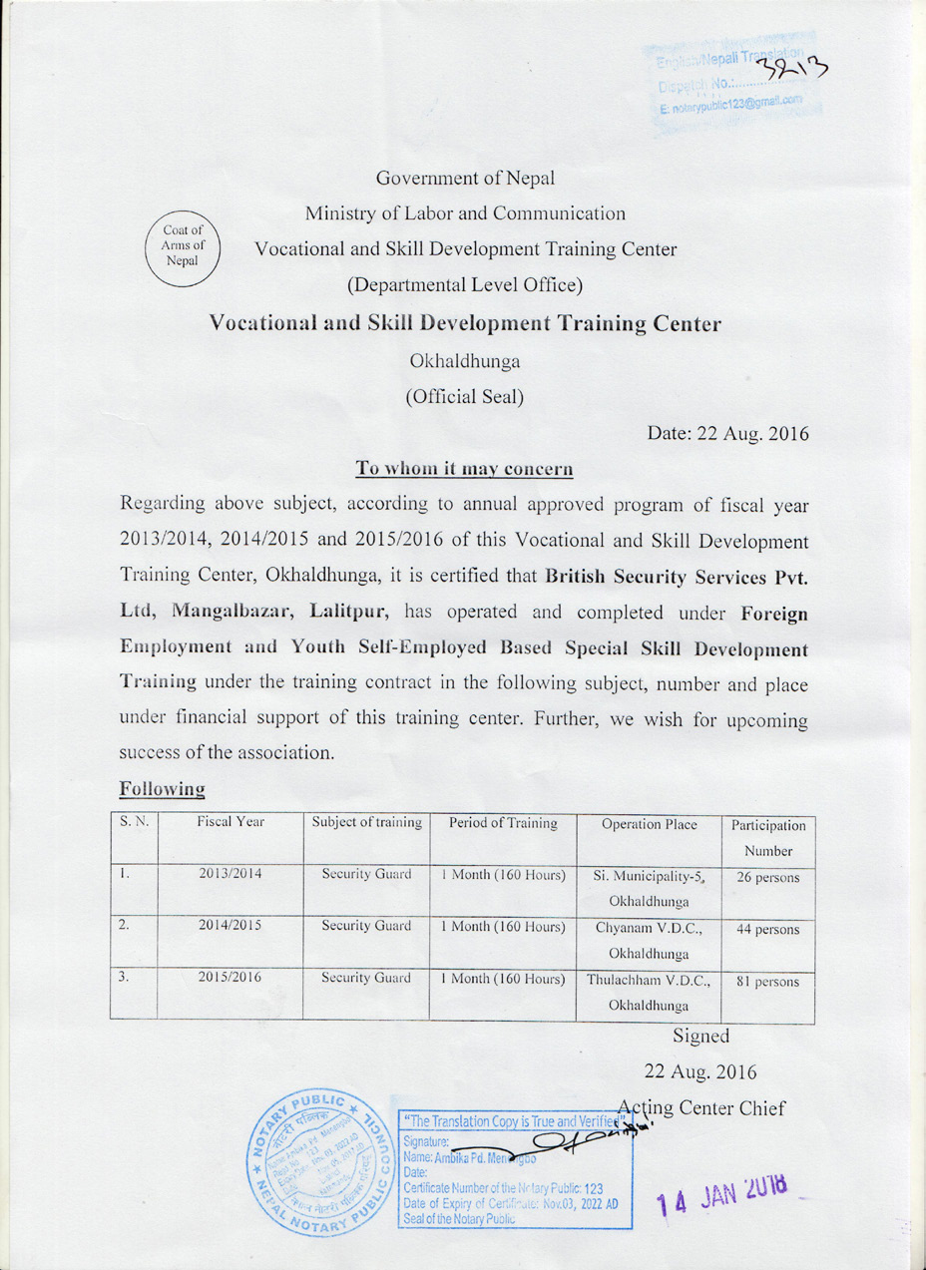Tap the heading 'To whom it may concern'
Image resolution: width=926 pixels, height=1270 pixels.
click(x=464, y=468)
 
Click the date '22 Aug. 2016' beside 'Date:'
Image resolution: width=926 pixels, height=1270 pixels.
click(x=754, y=435)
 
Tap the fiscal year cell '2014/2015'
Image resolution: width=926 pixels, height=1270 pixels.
click(x=231, y=926)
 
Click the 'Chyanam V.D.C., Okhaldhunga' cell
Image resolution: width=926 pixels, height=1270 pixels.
click(x=650, y=939)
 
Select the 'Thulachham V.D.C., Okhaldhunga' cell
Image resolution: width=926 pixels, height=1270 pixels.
click(x=650, y=992)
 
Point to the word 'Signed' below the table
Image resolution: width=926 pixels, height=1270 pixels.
click(x=701, y=1036)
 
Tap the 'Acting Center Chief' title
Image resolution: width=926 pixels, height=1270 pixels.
click(x=702, y=1107)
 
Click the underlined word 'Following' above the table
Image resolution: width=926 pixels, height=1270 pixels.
click(x=162, y=788)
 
